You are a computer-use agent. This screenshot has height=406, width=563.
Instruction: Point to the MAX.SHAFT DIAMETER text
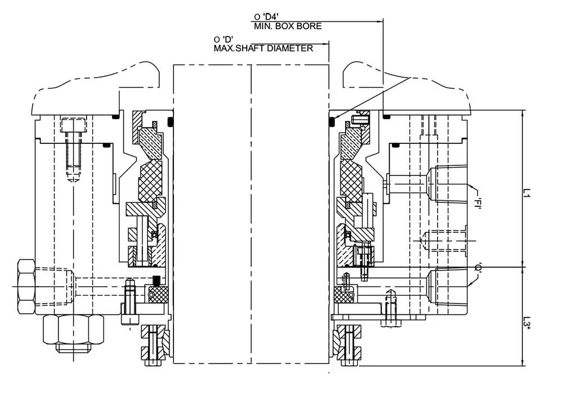point(263,48)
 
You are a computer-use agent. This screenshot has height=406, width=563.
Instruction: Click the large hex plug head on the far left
point(26,286)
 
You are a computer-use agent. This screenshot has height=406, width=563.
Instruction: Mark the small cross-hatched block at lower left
point(157,292)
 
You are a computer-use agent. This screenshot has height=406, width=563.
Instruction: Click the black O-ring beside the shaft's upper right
point(332,119)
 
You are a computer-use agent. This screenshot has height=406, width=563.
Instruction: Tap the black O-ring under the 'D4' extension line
point(386,116)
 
